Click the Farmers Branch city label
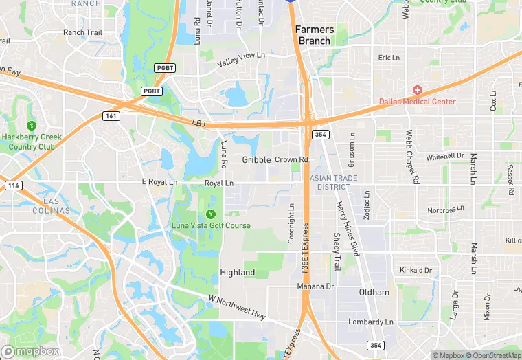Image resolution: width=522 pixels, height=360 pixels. (x=315, y=35)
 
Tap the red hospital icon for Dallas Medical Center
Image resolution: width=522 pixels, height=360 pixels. (x=417, y=91)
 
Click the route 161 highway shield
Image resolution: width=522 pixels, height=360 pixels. (x=112, y=116)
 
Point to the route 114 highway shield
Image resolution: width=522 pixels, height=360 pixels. (x=12, y=185)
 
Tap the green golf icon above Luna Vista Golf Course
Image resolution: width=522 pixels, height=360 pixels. (x=211, y=214)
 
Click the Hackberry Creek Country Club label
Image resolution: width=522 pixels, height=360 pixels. (x=31, y=142)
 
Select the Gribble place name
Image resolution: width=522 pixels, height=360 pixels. (x=256, y=160)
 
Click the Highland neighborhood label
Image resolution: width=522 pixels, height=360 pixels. (x=237, y=273)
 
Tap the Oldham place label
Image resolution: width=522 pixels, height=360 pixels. (x=374, y=292)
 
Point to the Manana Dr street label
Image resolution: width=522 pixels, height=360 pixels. (x=315, y=286)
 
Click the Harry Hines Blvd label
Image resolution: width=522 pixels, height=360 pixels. (x=348, y=229)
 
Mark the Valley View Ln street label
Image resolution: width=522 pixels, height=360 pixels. (x=240, y=60)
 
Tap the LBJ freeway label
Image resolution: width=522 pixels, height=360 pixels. (x=199, y=122)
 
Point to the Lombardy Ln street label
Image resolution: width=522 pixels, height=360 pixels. (x=370, y=322)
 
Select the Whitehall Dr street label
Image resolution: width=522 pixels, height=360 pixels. (x=445, y=157)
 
